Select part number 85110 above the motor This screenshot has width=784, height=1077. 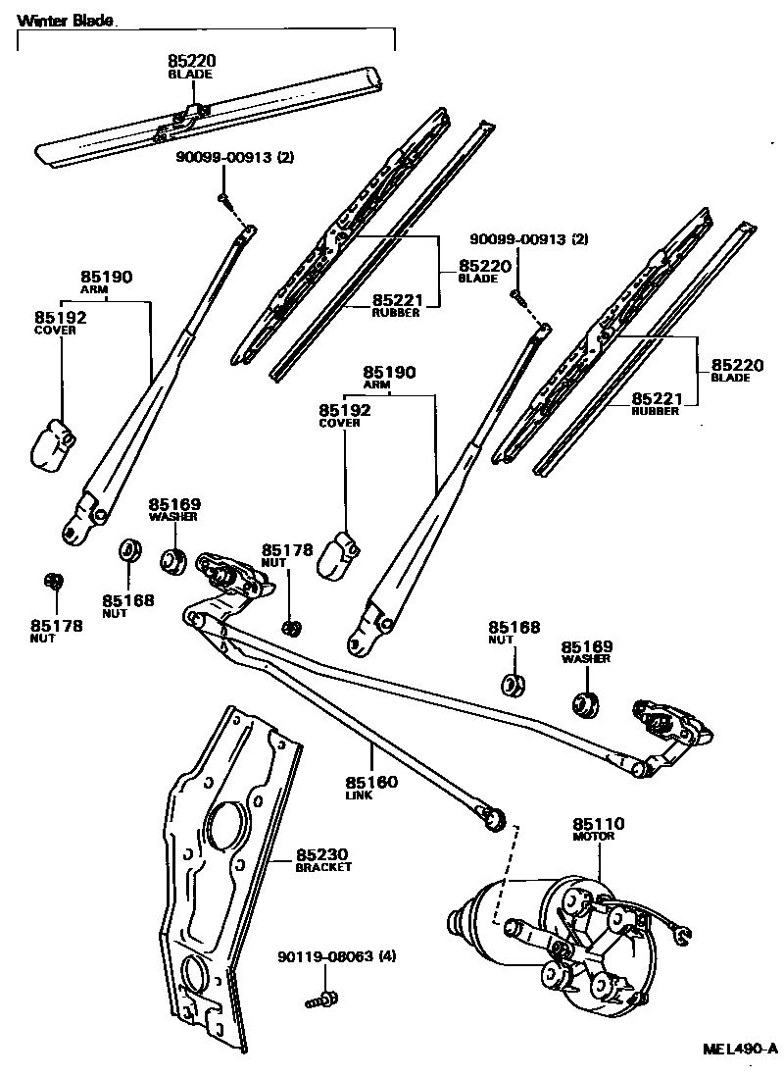(x=599, y=823)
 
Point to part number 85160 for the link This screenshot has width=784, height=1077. (x=371, y=783)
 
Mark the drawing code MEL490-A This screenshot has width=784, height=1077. (x=740, y=1049)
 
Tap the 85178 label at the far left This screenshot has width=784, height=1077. (x=56, y=626)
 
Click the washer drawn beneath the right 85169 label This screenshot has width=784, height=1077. (x=586, y=702)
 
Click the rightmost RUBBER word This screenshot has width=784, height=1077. (x=656, y=411)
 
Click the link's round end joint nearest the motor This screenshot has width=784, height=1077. (x=495, y=816)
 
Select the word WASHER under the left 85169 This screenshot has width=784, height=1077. (x=173, y=517)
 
